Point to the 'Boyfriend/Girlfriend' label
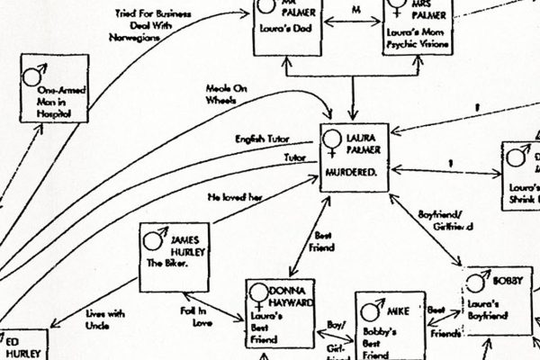pyautogui.click(x=446, y=221)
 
